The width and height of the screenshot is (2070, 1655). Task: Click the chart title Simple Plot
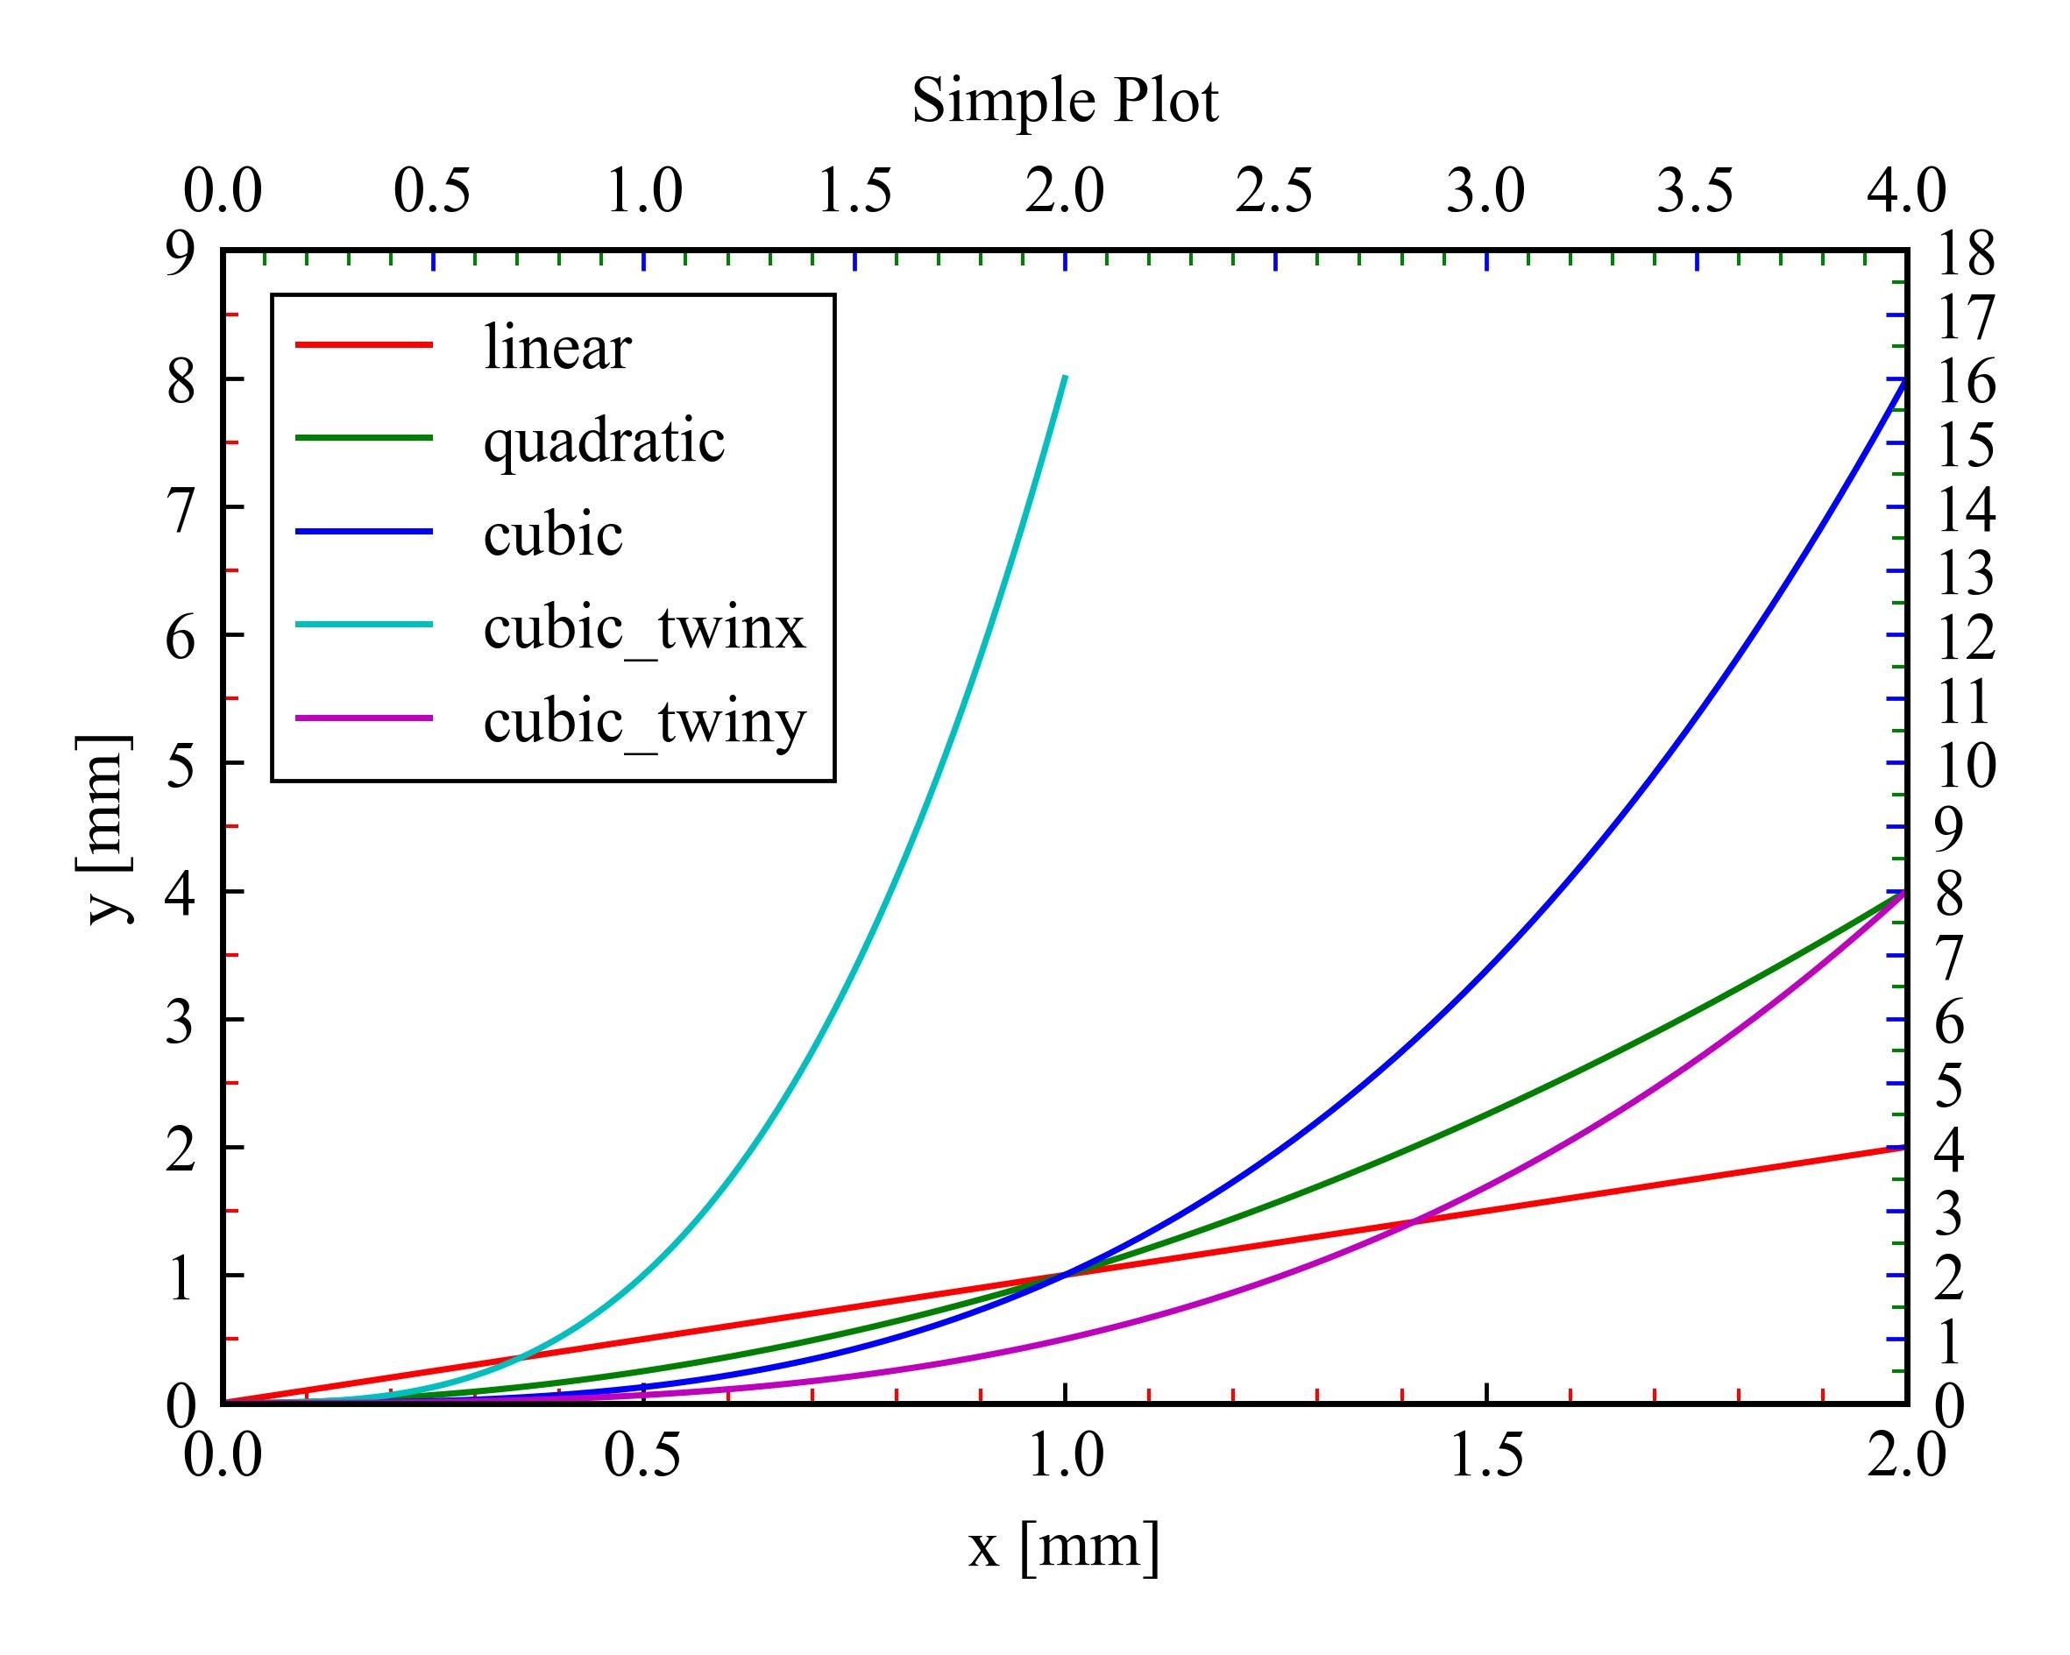click(1064, 101)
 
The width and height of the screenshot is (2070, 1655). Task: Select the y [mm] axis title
click(103, 830)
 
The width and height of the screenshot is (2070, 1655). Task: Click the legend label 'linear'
click(556, 348)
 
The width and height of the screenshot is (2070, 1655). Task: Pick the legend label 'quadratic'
click(604, 441)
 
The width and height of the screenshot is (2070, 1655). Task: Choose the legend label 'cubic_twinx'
click(644, 628)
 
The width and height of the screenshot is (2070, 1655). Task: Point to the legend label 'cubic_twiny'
click(644, 721)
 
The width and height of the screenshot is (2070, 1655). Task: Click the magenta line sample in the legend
click(364, 718)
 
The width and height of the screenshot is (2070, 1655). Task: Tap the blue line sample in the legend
click(364, 531)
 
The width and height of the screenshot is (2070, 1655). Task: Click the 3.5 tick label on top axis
click(1696, 191)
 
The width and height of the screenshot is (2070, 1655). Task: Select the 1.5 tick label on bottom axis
click(1485, 1455)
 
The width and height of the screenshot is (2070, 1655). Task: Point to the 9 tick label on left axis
click(180, 254)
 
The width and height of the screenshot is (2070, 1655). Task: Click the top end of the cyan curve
click(1065, 378)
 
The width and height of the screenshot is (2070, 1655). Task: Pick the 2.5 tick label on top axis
click(1274, 191)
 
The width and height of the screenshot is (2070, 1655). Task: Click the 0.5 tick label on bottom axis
click(642, 1455)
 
